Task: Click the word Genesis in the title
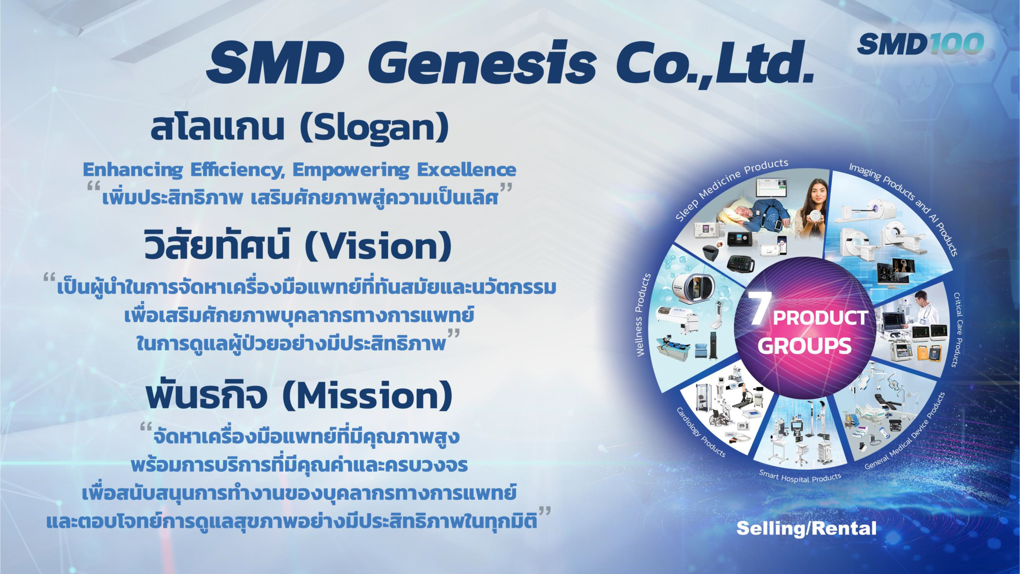pyautogui.click(x=481, y=63)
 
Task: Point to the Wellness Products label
pyautogui.click(x=643, y=315)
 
